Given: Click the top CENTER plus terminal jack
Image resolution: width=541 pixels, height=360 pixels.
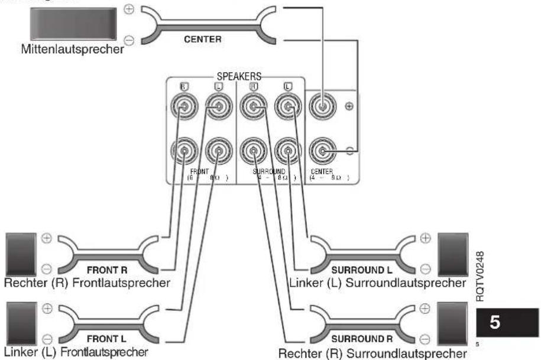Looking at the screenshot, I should [x=323, y=109].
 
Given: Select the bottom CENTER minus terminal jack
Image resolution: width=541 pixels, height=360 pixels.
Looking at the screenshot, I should [x=323, y=151].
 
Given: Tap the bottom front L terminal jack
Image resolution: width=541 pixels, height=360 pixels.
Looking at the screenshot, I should [x=218, y=152].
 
